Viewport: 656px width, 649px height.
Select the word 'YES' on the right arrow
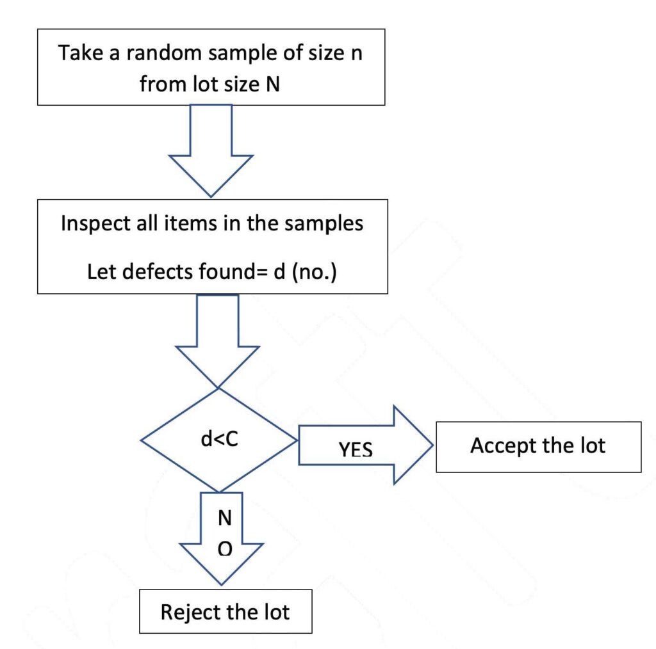point(356,450)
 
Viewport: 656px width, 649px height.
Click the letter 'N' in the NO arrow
point(225,518)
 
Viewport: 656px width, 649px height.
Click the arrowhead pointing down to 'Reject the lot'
point(221,563)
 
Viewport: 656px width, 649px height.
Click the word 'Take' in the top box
point(79,52)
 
